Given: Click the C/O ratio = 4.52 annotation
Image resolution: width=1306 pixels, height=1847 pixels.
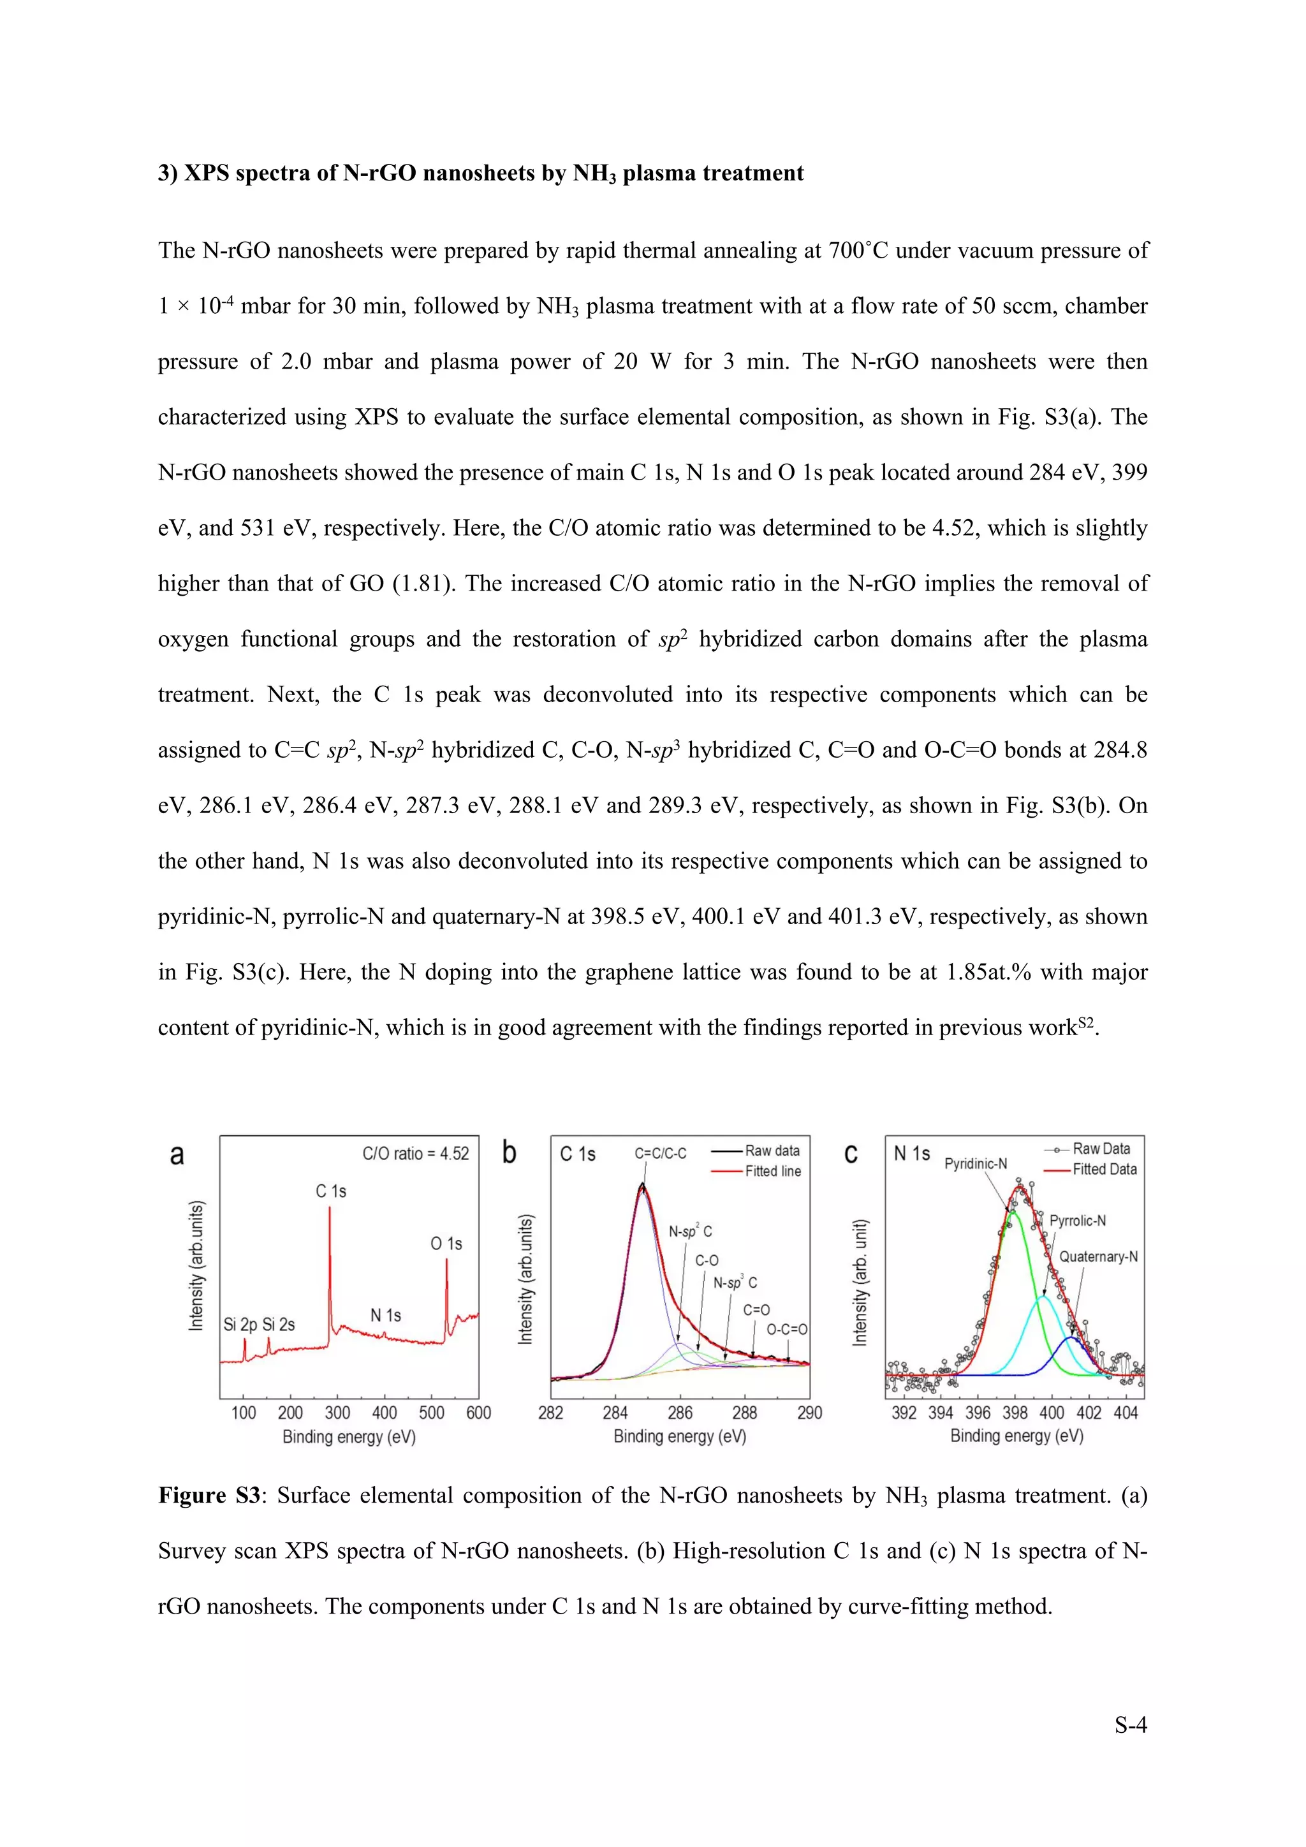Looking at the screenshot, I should pos(415,1154).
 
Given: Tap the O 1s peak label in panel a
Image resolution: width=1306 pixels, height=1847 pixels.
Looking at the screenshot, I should pos(446,1244).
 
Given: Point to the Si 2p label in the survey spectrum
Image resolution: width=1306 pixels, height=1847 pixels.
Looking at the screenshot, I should pos(240,1324).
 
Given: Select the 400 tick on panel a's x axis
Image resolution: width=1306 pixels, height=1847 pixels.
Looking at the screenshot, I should pos(385,1413).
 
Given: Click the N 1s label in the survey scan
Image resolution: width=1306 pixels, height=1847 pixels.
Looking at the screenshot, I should pos(385,1315).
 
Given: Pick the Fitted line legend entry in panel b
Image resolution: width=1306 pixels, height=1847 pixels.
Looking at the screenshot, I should pos(772,1171).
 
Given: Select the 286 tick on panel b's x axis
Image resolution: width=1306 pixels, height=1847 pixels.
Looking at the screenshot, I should pos(680,1413).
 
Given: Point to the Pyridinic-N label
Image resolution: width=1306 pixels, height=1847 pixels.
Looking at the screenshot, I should pos(976,1164).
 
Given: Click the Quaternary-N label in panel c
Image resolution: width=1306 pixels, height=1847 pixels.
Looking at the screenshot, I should pos(1097,1256).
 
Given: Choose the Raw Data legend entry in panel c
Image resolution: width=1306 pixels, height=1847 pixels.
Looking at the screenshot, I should pos(1101,1149).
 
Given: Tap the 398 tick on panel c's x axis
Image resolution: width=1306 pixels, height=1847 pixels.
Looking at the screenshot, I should pos(1015,1413).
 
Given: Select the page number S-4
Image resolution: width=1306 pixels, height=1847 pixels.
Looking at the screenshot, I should pos(1130,1726).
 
